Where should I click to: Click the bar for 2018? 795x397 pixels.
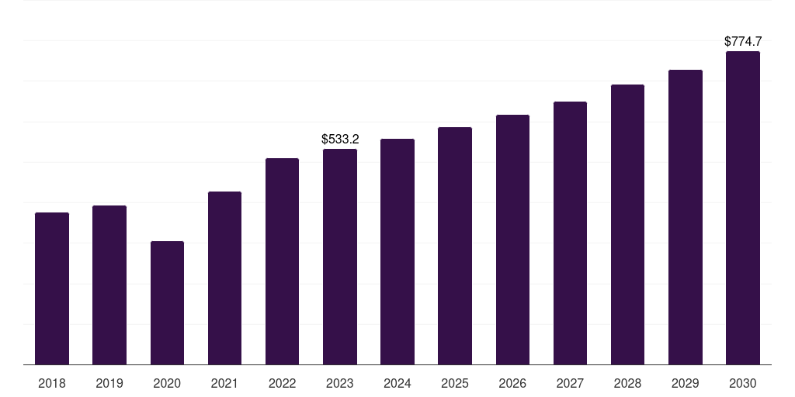[52, 288]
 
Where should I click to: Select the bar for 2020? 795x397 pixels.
[167, 302]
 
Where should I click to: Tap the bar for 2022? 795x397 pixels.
[282, 261]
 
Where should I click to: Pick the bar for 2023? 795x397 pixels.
[340, 257]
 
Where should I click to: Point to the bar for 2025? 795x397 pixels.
[455, 246]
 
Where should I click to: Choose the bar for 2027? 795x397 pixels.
[570, 233]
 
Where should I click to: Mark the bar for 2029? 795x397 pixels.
[686, 217]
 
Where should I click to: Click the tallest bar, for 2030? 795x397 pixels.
[743, 208]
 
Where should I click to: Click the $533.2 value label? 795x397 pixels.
[340, 140]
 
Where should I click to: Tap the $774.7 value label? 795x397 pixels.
[743, 42]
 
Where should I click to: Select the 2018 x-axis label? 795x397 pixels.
[52, 383]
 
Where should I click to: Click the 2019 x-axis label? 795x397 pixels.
[109, 383]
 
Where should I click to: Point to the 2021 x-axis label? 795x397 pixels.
[224, 383]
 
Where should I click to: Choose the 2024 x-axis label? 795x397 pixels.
[397, 383]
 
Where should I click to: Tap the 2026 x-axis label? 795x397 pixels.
[512, 383]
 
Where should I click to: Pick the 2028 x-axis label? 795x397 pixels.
[627, 383]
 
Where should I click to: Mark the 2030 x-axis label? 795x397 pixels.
[743, 383]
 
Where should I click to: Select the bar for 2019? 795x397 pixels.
[109, 285]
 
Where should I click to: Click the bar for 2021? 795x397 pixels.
[224, 278]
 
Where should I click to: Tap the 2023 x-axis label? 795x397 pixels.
[340, 383]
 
